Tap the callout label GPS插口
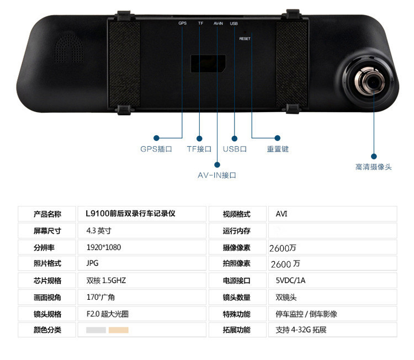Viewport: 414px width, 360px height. click(156, 149)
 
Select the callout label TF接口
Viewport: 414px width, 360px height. click(199, 149)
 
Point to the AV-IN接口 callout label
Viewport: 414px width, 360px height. click(217, 175)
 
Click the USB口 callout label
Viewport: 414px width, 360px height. click(235, 149)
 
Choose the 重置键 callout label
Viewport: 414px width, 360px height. click(278, 149)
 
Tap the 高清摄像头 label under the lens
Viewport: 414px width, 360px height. click(373, 167)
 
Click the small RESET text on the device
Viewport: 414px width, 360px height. click(245, 39)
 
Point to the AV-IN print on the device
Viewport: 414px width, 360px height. click(218, 24)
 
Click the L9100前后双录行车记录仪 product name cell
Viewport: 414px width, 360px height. click(130, 214)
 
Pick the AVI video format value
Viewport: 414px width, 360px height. click(282, 214)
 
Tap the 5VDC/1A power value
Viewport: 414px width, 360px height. click(290, 280)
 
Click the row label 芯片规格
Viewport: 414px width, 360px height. click(47, 280)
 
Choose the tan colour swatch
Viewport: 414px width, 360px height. click(118, 330)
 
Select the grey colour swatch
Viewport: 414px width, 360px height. click(96, 330)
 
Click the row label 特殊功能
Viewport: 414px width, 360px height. click(236, 314)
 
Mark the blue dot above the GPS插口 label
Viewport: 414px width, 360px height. click(156, 138)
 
